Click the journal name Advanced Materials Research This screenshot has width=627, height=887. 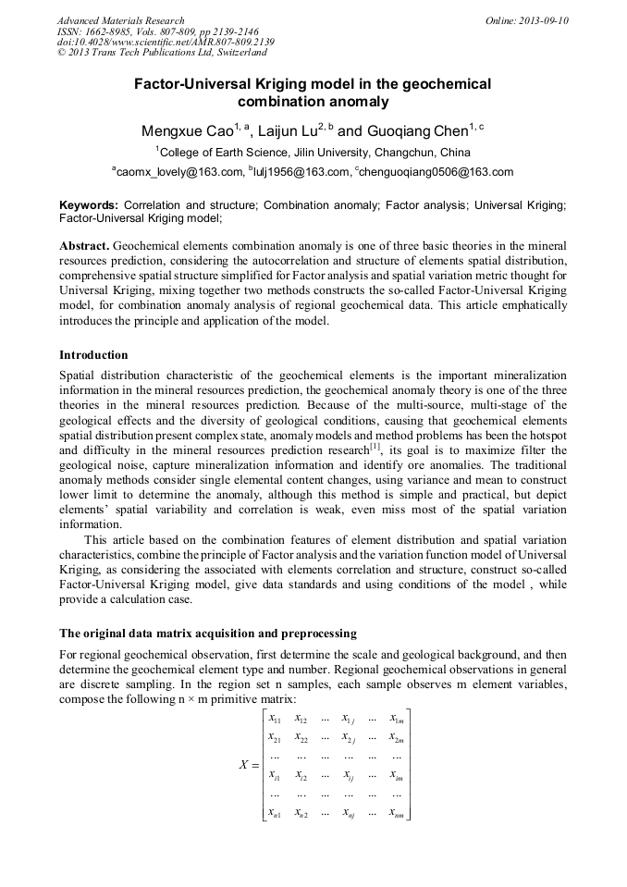120,20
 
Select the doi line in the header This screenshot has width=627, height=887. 166,43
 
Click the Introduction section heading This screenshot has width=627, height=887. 93,355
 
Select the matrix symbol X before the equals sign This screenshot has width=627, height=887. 243,764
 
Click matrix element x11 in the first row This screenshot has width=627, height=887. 275,718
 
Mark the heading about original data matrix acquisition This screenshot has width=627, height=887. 208,634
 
